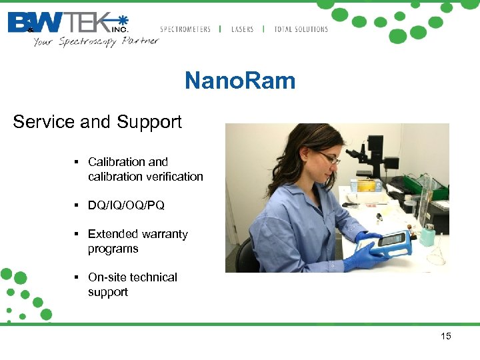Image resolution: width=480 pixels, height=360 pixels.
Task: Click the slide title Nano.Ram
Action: (239, 81)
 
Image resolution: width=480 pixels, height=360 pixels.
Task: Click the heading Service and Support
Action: (97, 122)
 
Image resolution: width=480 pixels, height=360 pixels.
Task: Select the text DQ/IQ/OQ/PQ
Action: (126, 205)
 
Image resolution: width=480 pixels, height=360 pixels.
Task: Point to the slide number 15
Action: (446, 336)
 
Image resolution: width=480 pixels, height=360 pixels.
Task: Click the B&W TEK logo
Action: (67, 23)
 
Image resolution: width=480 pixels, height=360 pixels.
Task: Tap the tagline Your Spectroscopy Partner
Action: (96, 41)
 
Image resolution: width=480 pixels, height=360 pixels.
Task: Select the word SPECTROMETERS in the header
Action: (185, 29)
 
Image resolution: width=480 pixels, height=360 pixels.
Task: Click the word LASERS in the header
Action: (242, 29)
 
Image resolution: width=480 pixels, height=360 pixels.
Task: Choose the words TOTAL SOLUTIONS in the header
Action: (301, 29)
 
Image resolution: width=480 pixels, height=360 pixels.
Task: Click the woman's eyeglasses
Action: (329, 158)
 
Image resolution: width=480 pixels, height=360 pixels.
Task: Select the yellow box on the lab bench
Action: (366, 185)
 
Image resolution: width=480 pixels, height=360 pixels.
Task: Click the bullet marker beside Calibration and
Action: (77, 162)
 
